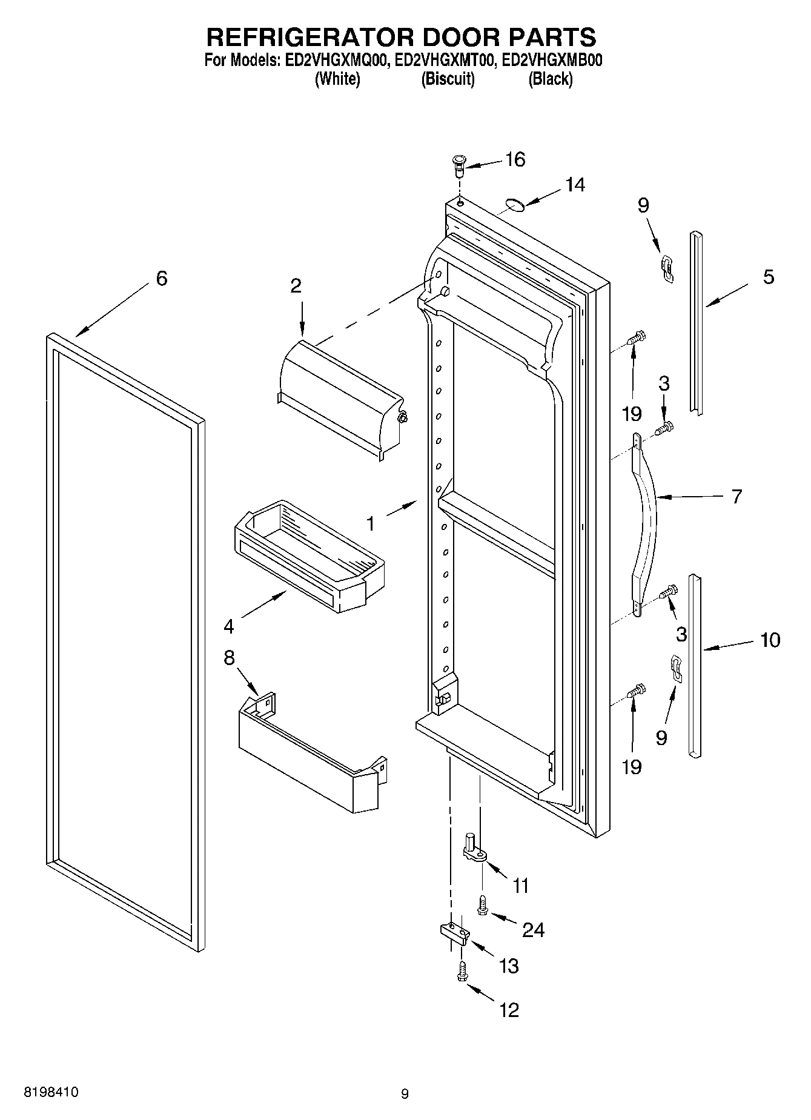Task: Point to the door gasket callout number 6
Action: point(161,279)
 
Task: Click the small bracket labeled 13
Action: point(454,933)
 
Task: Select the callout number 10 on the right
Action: point(770,640)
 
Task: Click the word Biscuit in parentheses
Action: point(448,79)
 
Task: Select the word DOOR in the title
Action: point(459,37)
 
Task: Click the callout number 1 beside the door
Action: point(371,523)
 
